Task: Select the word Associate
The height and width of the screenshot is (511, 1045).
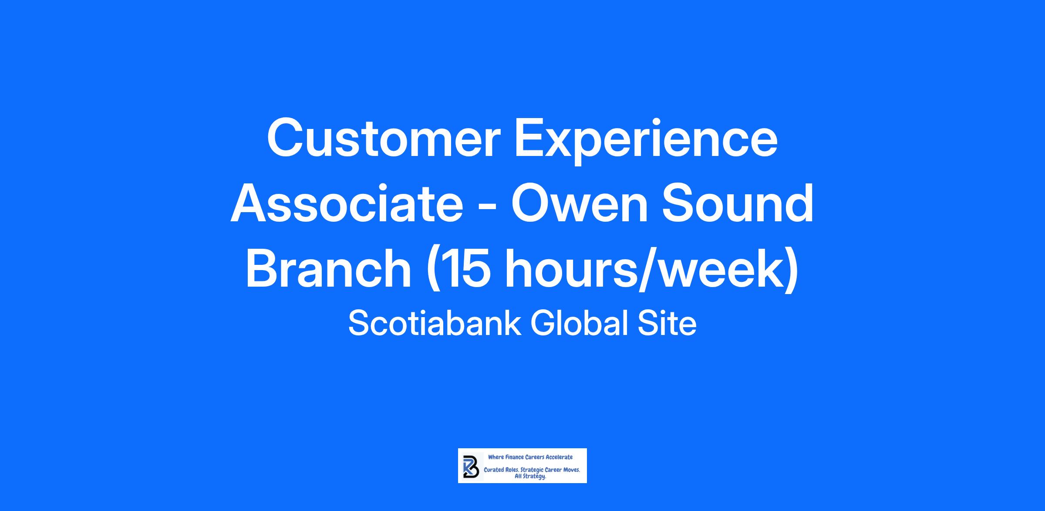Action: click(347, 203)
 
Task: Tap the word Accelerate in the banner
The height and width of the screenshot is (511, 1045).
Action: click(560, 457)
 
